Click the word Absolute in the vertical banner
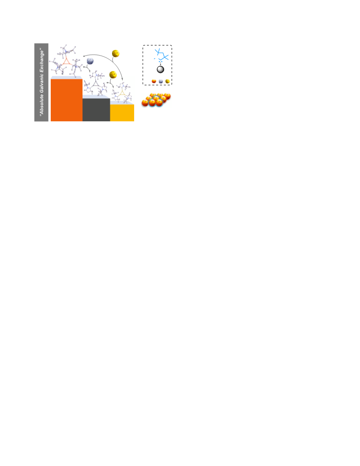(x=41, y=105)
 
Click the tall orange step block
(x=67, y=100)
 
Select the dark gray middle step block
(x=96, y=110)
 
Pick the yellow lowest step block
(x=122, y=113)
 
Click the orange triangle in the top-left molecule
(x=67, y=61)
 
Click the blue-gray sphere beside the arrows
(x=90, y=61)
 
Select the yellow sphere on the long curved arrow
(x=116, y=53)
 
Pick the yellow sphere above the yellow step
(x=113, y=75)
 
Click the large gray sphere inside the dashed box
(x=161, y=70)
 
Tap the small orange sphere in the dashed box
(x=154, y=81)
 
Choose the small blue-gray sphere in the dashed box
(x=161, y=81)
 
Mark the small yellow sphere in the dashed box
(x=168, y=81)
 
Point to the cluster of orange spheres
(x=156, y=100)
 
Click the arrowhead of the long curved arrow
(x=122, y=79)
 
